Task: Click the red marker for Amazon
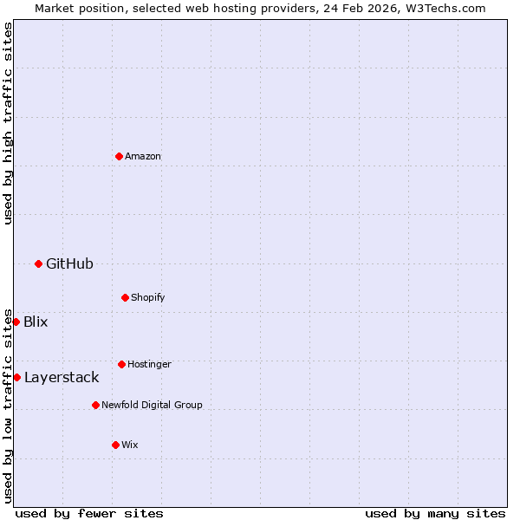click(x=119, y=156)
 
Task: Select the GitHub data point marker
click(x=38, y=263)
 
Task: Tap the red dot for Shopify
click(x=125, y=297)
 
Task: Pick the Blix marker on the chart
click(x=16, y=322)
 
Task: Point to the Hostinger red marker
click(x=121, y=364)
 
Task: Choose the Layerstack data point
click(x=16, y=377)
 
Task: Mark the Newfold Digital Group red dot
click(x=95, y=405)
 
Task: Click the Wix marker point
click(x=115, y=445)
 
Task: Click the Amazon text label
click(x=143, y=156)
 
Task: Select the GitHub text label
click(x=69, y=263)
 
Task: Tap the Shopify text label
click(x=148, y=297)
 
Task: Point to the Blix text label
click(x=36, y=322)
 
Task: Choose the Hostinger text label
click(x=149, y=364)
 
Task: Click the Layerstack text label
click(x=62, y=377)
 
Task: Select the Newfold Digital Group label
click(x=152, y=405)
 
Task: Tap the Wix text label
click(x=130, y=445)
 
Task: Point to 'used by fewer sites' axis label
click(x=89, y=513)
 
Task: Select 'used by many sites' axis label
click(x=435, y=513)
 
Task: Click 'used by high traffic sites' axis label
click(x=8, y=123)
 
